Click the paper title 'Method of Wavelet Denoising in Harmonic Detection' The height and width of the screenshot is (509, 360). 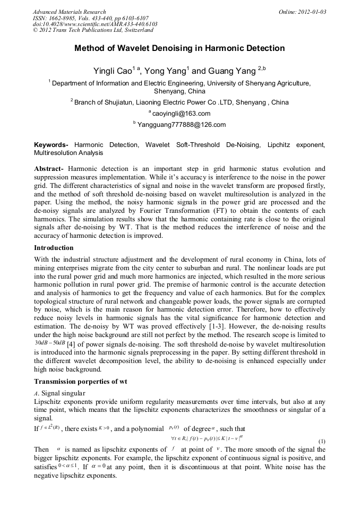click(x=179, y=48)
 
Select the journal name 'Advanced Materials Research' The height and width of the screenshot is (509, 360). click(x=70, y=12)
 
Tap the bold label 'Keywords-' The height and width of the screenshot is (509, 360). click(x=52, y=145)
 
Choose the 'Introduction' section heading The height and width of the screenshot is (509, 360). click(x=54, y=248)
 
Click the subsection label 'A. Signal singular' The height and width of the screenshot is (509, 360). click(x=59, y=393)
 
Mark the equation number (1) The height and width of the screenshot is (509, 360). click(x=321, y=442)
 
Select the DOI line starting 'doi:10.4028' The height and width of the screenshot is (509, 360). click(x=95, y=24)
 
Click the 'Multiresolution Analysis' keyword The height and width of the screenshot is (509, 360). click(x=68, y=153)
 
